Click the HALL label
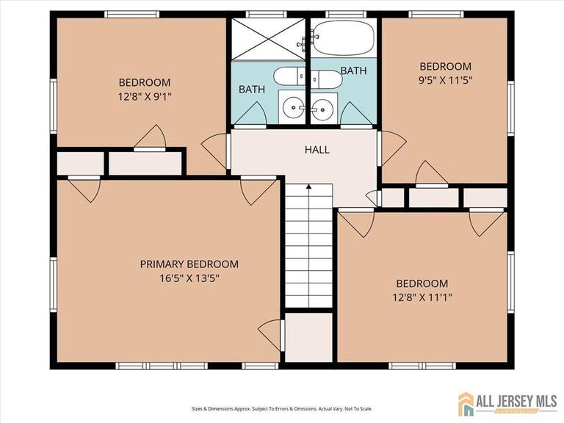pyautogui.click(x=317, y=150)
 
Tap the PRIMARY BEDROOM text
pyautogui.click(x=189, y=264)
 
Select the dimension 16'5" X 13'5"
pyautogui.click(x=189, y=278)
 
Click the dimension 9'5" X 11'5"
pyautogui.click(x=446, y=80)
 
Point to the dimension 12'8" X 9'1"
pyautogui.click(x=145, y=95)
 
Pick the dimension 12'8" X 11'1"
pyautogui.click(x=422, y=297)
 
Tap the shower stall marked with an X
pyautogui.click(x=268, y=38)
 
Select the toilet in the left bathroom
pyautogui.click(x=286, y=76)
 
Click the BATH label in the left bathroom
pyautogui.click(x=252, y=90)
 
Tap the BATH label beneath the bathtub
pyautogui.click(x=353, y=71)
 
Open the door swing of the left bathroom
pyautogui.click(x=253, y=115)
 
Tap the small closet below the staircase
pyautogui.click(x=309, y=337)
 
